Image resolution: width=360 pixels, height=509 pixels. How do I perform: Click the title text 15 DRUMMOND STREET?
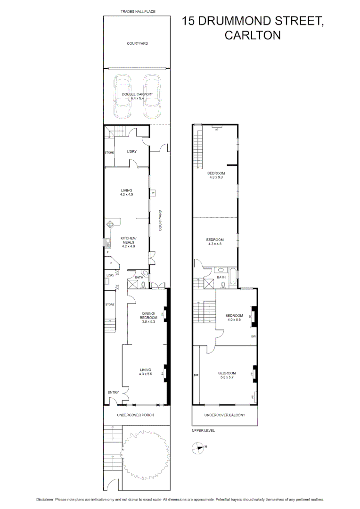pos(253,22)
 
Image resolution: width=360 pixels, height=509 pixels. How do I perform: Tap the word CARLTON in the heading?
pos(253,35)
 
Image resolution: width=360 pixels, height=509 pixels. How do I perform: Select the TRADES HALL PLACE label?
pos(138,11)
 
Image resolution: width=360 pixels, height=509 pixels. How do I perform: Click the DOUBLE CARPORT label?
pos(138,94)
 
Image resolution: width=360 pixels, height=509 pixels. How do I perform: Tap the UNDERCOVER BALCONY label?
pos(225,415)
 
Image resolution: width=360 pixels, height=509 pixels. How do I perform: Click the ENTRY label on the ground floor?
pos(113,392)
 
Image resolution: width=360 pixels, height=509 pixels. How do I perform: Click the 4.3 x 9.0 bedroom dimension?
pos(215,177)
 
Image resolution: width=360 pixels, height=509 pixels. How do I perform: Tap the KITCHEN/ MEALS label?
pos(128,242)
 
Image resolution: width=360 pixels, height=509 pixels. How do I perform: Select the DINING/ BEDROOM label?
pos(149,317)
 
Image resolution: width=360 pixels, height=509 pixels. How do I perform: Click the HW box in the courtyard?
pos(153,193)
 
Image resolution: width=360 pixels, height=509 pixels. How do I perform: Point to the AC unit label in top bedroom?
pos(217,130)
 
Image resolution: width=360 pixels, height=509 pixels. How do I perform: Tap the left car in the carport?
pos(122,98)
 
